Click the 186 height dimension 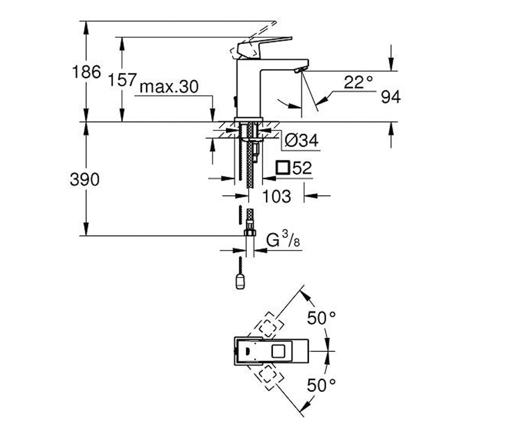pyautogui.click(x=86, y=72)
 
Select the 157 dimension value pyautogui.click(x=122, y=80)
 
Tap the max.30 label pyautogui.click(x=169, y=87)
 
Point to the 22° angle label pyautogui.click(x=358, y=82)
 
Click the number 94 pyautogui.click(x=391, y=97)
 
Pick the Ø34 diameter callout pyautogui.click(x=301, y=141)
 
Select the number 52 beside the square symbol pyautogui.click(x=302, y=168)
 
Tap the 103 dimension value pyautogui.click(x=277, y=196)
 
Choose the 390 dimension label pyautogui.click(x=85, y=180)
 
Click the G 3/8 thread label pyautogui.click(x=283, y=240)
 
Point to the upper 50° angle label pyautogui.click(x=321, y=318)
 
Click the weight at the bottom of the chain pyautogui.click(x=240, y=282)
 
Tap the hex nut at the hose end pyautogui.click(x=250, y=233)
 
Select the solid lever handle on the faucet pyautogui.click(x=264, y=47)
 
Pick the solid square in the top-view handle pyautogui.click(x=278, y=351)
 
